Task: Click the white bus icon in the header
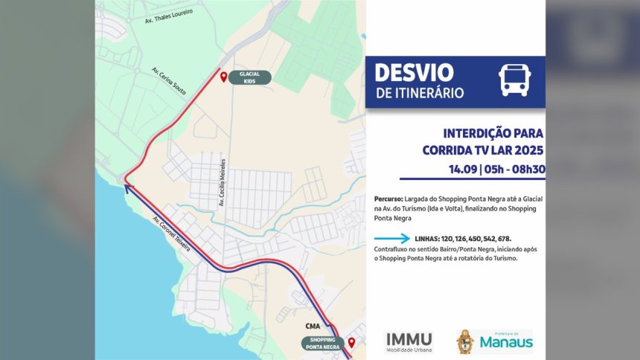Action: pos(514,80)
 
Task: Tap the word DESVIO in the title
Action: pos(414,73)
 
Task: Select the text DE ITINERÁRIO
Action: pos(420,94)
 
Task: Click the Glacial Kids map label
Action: pos(249,77)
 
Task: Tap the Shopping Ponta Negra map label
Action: pos(323,343)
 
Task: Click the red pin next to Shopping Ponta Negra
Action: pos(351,342)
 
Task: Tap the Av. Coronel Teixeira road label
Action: pos(172,235)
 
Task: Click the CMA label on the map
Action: pos(313,326)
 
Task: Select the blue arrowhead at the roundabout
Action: pos(127,187)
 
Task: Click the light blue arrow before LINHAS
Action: pos(392,239)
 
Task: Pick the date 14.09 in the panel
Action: pos(463,169)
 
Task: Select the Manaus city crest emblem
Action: pos(465,341)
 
